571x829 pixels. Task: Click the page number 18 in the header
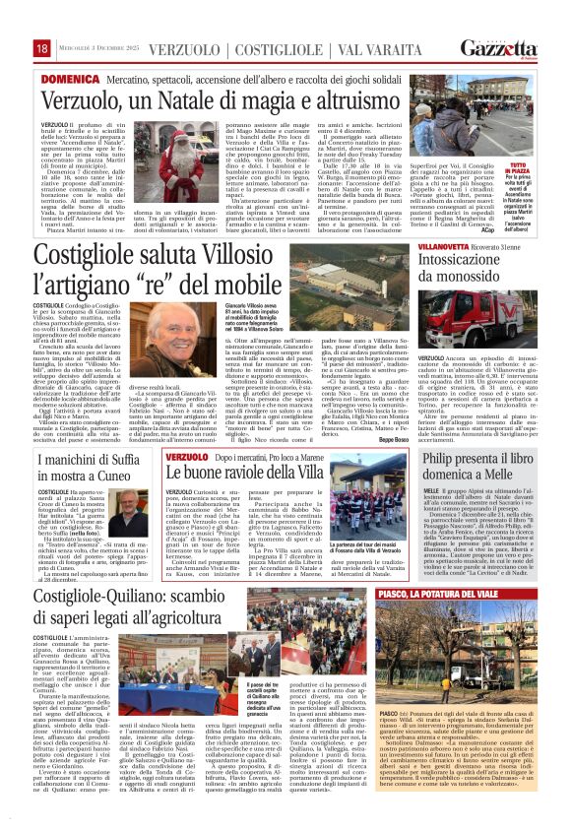point(42,48)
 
